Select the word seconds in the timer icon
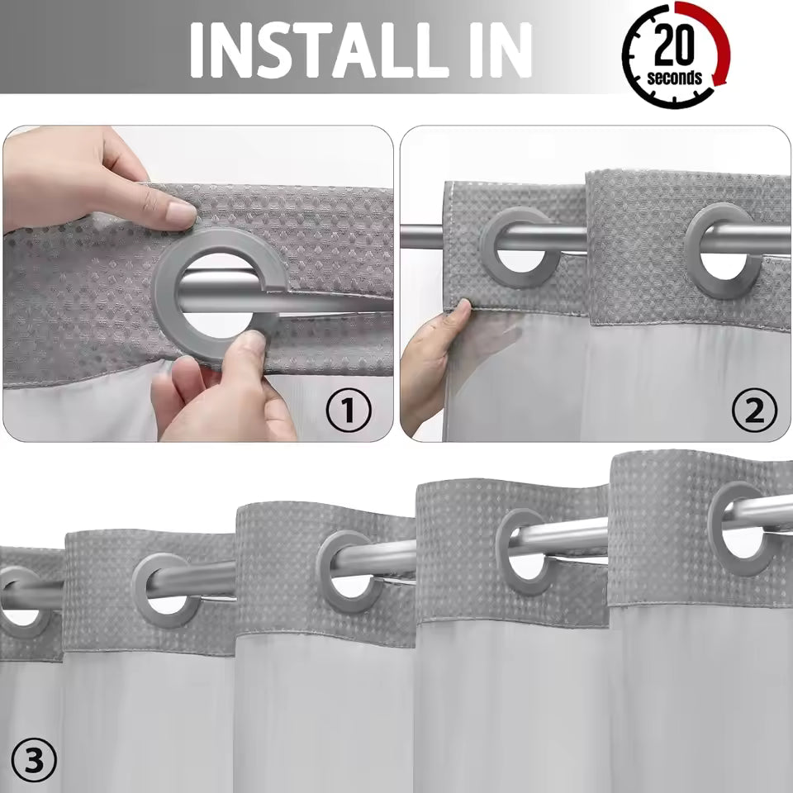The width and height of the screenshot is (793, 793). point(675,78)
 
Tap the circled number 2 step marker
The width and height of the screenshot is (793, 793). point(753,410)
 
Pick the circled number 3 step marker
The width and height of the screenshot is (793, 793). point(33,762)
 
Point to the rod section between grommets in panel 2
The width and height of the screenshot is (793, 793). point(636,239)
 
